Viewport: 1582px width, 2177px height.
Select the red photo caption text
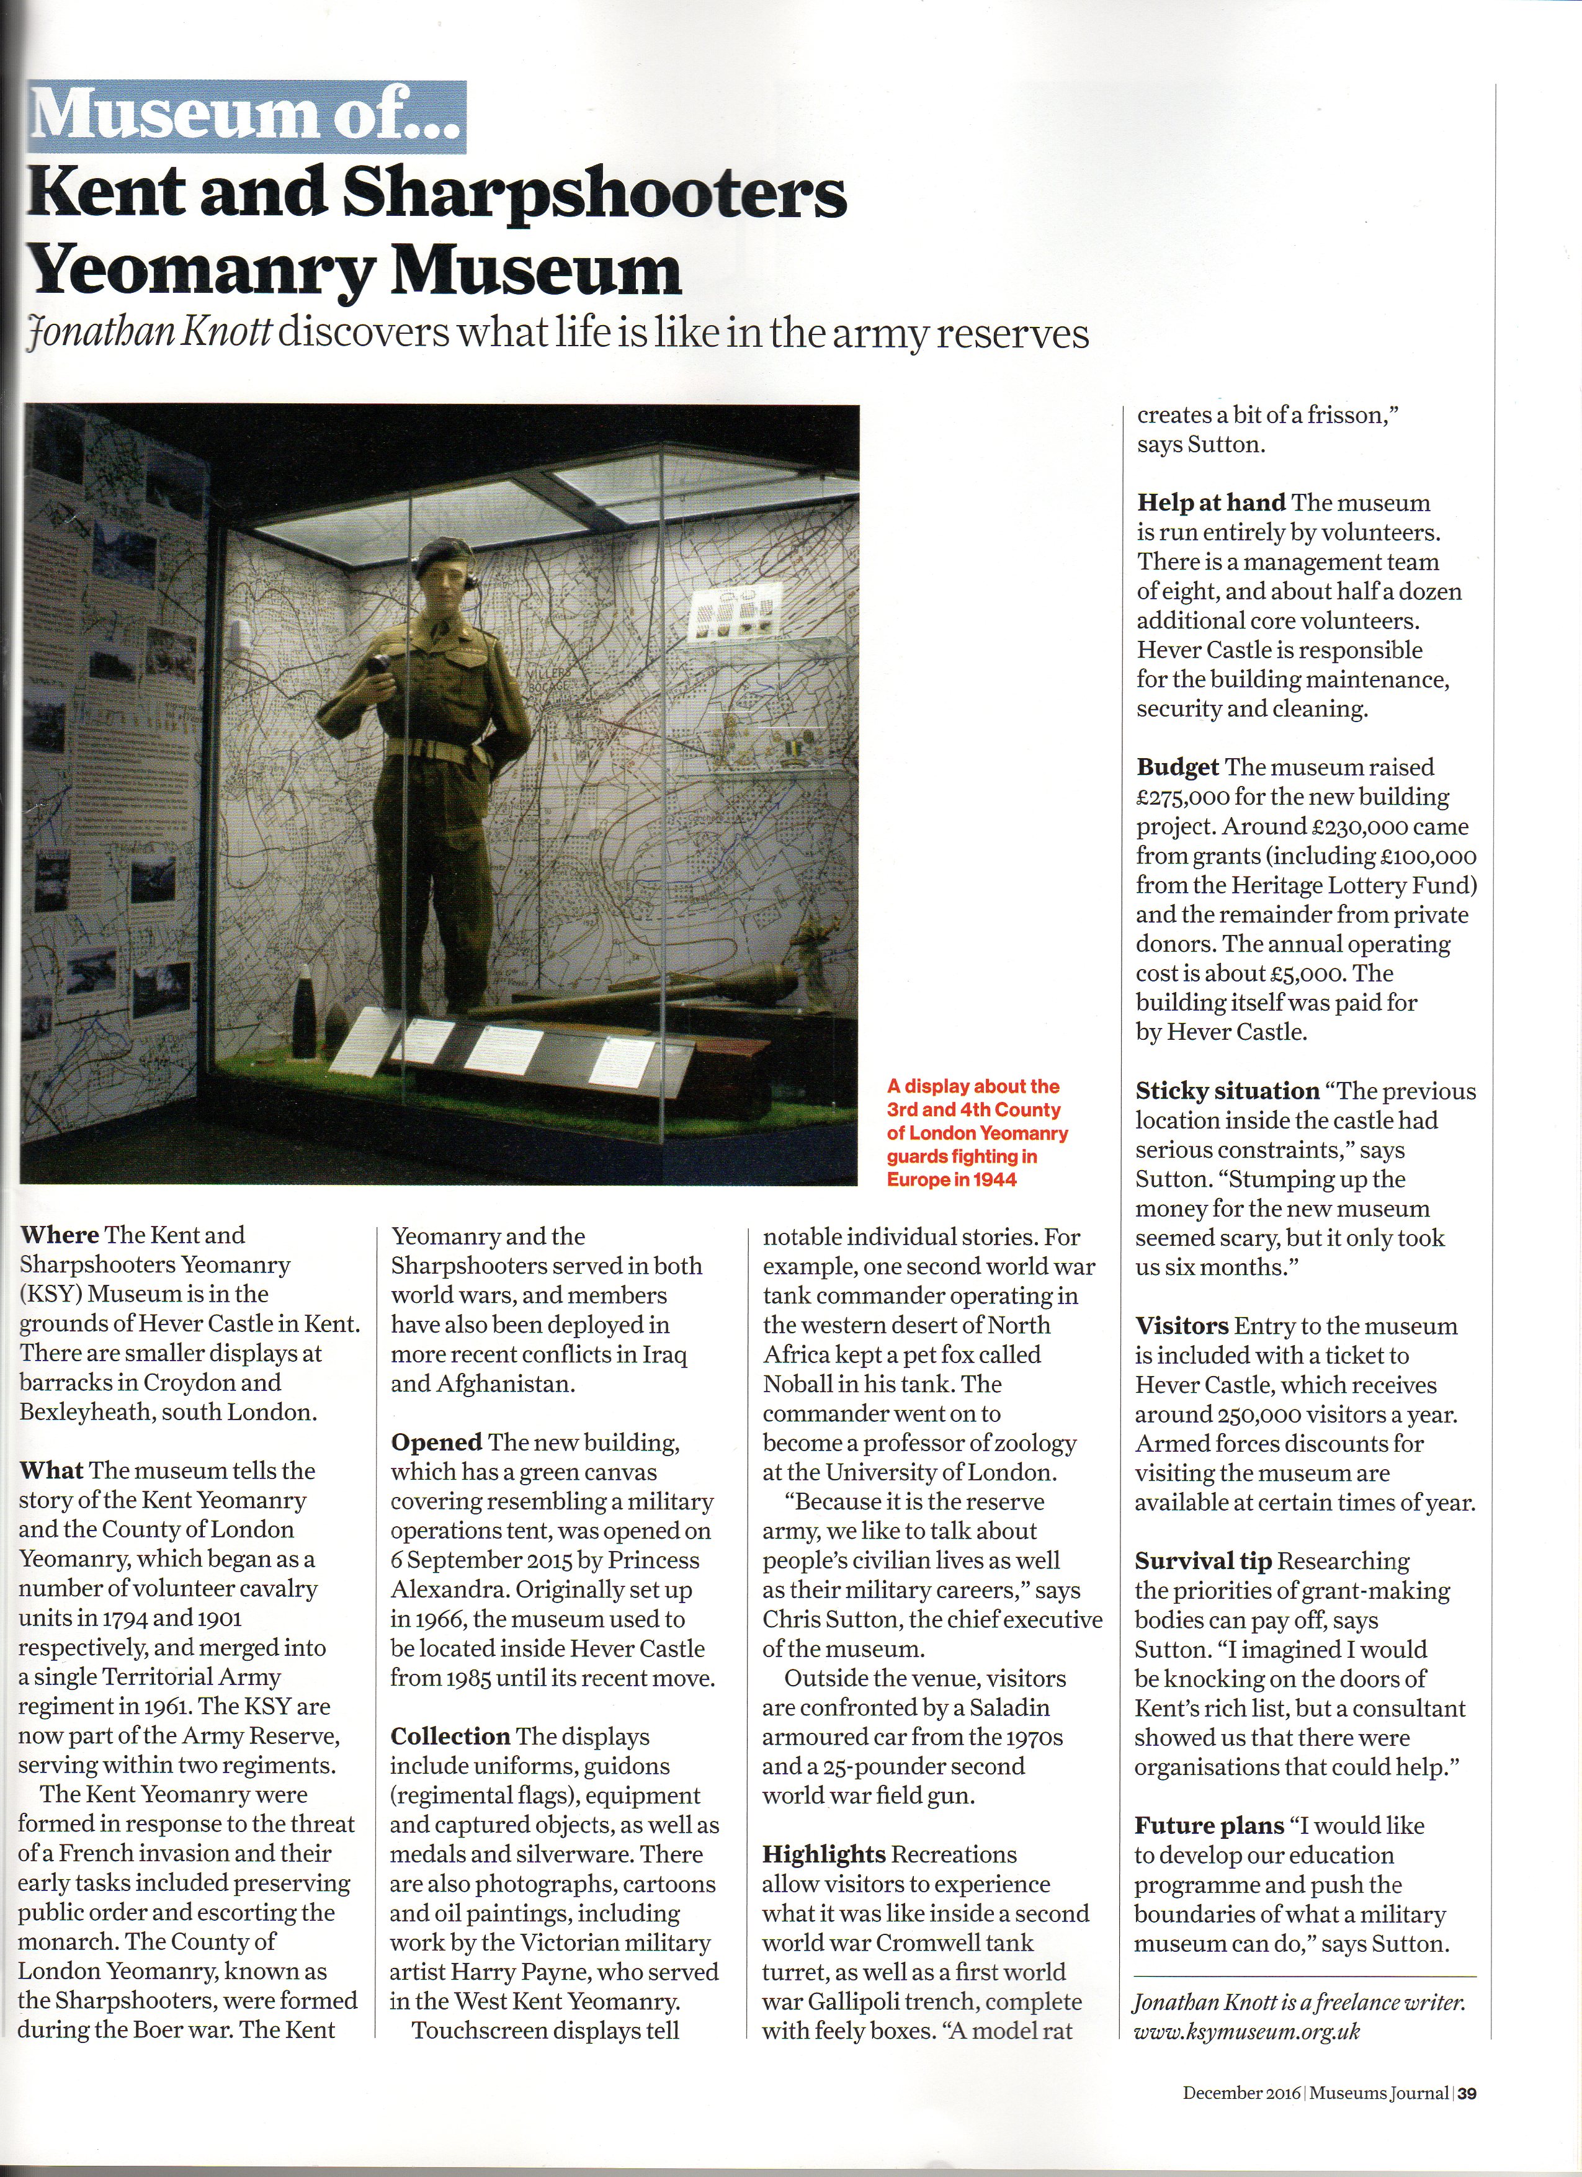point(976,1133)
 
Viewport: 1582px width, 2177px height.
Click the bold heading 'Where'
point(60,1235)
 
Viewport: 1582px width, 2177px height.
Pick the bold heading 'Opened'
point(436,1442)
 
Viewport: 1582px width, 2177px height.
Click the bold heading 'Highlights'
point(823,1854)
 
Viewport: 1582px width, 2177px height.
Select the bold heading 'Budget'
point(1177,767)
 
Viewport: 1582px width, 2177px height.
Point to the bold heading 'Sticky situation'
point(1227,1091)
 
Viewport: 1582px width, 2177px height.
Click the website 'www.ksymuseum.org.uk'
point(1246,2031)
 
